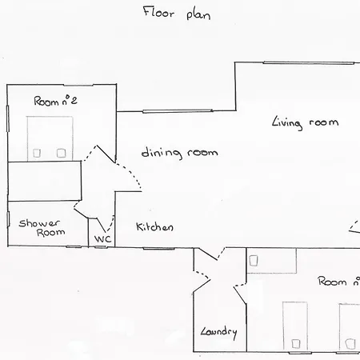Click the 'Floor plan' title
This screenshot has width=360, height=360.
point(177,14)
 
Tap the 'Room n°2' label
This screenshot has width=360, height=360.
point(55,101)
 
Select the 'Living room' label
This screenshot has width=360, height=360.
point(305,123)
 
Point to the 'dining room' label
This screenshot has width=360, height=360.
point(179,153)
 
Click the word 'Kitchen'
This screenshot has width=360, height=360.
point(154,226)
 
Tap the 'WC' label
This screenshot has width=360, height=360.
point(102,238)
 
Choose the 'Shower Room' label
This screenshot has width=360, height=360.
point(42,228)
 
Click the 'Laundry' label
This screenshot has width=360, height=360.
point(218,332)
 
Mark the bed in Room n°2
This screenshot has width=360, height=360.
point(50,138)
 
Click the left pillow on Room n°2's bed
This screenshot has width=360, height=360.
point(37,153)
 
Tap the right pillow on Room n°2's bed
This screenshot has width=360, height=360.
point(61,153)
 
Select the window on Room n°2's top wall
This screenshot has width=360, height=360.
point(78,85)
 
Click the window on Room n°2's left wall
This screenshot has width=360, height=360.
point(8,118)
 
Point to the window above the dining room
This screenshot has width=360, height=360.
point(178,111)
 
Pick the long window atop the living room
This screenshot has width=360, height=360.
point(309,63)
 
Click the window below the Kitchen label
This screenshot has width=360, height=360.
point(159,249)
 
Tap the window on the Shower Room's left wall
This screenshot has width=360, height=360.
point(8,219)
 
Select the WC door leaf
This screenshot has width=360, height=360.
point(102,225)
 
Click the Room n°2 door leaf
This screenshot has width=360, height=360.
point(106,154)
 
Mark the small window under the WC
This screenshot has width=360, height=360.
point(101,247)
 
